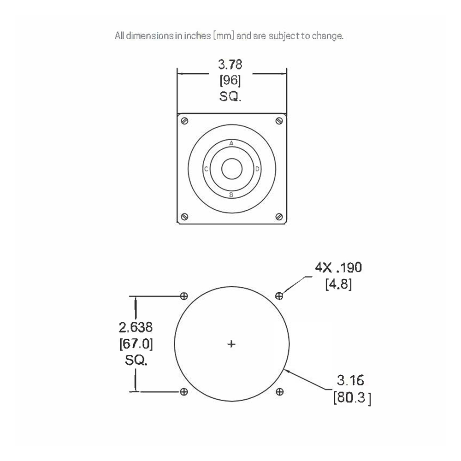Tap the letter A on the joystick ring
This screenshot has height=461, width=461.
coord(231,143)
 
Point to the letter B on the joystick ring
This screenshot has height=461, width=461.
coord(231,195)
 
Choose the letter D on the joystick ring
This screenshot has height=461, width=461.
coord(257,169)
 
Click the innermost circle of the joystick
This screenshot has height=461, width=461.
coord(231,169)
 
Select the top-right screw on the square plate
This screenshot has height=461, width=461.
coord(278,121)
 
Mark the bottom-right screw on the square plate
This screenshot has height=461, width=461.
coord(278,217)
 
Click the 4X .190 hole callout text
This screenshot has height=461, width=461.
coord(338,267)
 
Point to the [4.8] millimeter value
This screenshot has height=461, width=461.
coord(338,284)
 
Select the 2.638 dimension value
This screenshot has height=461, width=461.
coord(136,327)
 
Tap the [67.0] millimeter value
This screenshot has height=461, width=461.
coord(136,343)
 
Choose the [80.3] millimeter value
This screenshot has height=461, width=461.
coord(352,397)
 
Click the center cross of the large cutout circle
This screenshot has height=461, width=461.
coord(231,344)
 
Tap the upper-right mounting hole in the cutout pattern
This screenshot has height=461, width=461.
coord(279,296)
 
